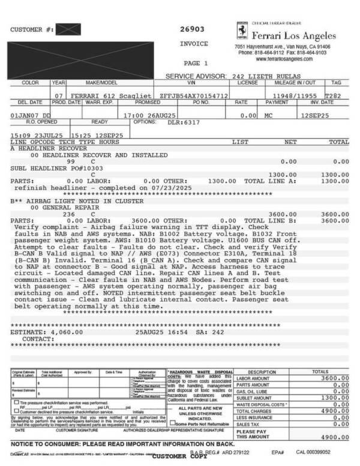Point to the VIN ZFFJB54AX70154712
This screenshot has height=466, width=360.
click(x=193, y=96)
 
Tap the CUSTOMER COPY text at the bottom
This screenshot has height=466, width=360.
click(x=181, y=456)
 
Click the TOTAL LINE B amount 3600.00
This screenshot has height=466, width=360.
click(x=337, y=220)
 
